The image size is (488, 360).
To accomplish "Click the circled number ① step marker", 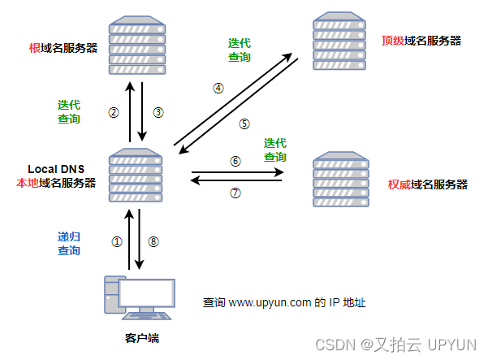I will [116, 241].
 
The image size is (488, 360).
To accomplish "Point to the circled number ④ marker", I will [218, 88].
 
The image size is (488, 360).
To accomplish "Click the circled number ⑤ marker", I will [244, 124].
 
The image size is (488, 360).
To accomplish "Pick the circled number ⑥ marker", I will [235, 161].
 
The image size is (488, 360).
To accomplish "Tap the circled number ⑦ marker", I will [235, 193].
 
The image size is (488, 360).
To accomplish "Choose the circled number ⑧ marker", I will [154, 241].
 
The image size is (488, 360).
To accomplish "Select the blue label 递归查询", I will [69, 242].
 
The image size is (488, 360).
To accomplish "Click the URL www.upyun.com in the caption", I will [270, 302].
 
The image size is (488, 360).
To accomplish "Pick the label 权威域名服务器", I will [428, 184].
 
